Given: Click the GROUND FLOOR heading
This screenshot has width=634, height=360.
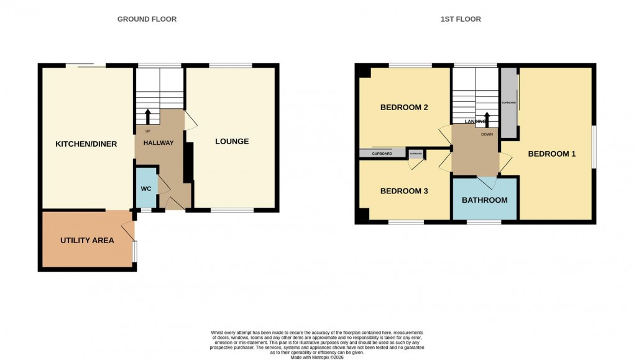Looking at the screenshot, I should tap(147, 19).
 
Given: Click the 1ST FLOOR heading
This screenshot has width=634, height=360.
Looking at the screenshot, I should tap(461, 19).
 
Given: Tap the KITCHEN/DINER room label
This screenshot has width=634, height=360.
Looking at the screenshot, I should tap(86, 144).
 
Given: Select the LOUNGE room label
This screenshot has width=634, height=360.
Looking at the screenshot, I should tap(232, 142).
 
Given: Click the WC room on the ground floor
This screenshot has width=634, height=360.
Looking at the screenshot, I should tap(146, 188).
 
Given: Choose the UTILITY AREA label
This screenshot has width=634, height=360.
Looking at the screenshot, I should tap(87, 241).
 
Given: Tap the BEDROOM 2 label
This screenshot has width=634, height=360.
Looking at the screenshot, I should tap(404, 108).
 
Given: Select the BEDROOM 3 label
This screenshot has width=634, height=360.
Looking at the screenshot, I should tap(404, 192).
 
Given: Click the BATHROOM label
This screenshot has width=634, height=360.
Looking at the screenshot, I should tap(484, 200).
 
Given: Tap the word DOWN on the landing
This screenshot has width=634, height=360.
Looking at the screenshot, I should tap(487, 134).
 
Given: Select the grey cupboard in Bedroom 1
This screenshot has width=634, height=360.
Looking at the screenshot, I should tap(509, 103).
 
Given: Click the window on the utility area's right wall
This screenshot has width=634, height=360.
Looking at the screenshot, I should tap(136, 252).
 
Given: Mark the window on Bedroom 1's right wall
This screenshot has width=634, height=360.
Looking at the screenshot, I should tap(594, 147).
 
